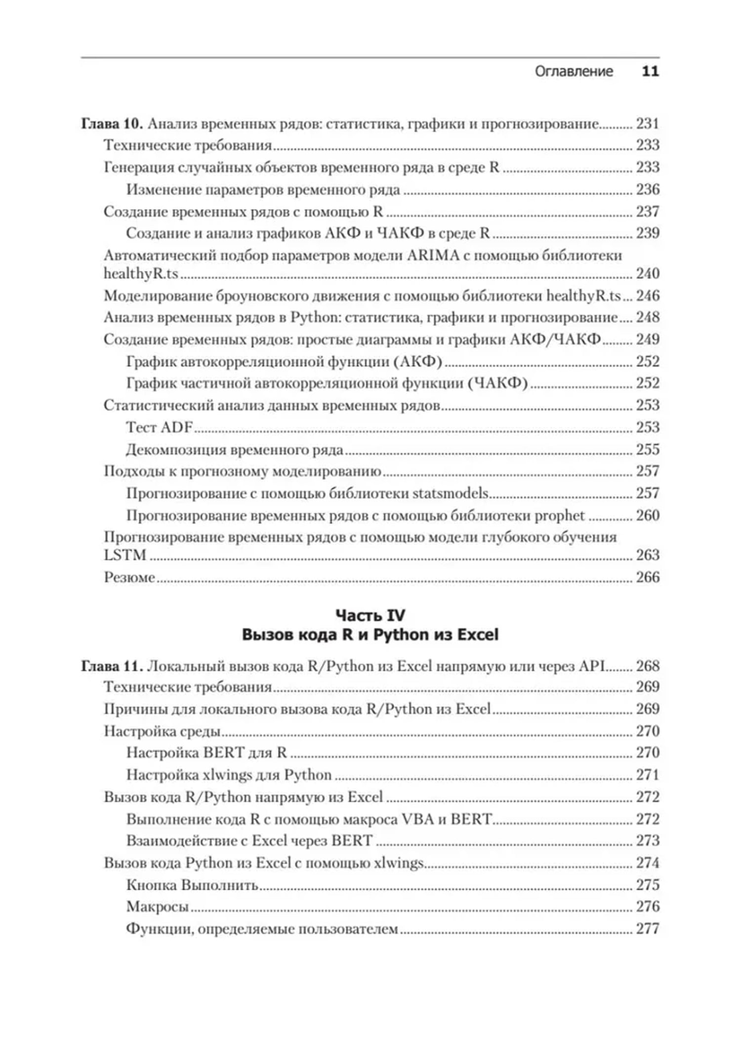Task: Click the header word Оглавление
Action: click(x=574, y=72)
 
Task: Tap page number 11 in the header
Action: click(x=650, y=72)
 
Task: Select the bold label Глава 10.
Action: click(x=112, y=124)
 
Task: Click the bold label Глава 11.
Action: click(x=112, y=666)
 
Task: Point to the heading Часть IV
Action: click(x=370, y=615)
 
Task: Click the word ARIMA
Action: click(x=433, y=255)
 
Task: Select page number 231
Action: click(x=647, y=124)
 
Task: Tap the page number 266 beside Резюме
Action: click(x=647, y=577)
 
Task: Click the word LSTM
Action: click(x=125, y=555)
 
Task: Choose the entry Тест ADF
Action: click(x=159, y=427)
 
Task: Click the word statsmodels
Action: click(x=450, y=493)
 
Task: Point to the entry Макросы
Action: click(x=158, y=907)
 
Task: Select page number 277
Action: click(x=647, y=929)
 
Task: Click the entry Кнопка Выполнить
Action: click(x=193, y=885)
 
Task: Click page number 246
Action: click(x=647, y=295)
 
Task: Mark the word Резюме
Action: click(x=129, y=577)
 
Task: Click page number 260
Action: click(x=647, y=515)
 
